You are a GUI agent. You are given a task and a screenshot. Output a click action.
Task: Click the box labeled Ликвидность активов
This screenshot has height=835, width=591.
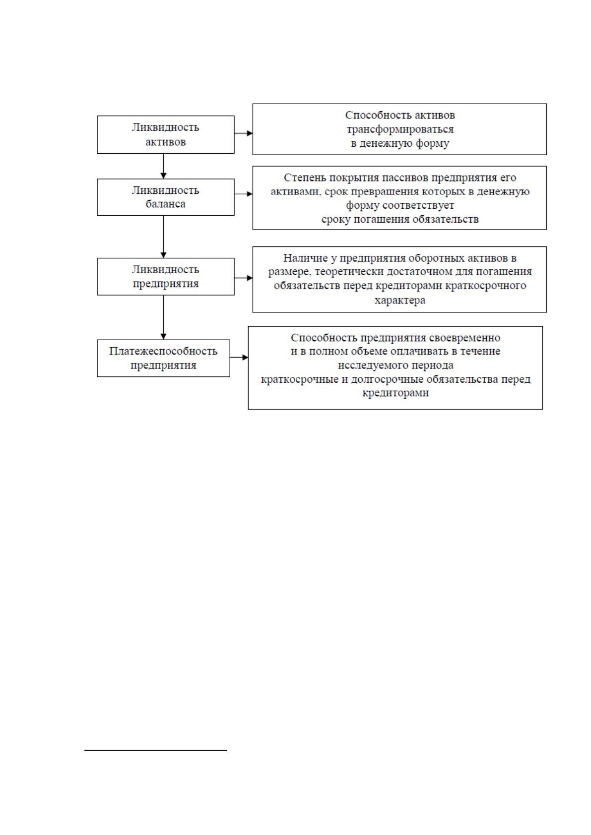(166, 134)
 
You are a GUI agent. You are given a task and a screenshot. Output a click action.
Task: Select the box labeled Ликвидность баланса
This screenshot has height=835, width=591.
(166, 197)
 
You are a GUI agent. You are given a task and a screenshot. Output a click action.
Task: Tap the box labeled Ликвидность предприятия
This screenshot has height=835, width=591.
(166, 277)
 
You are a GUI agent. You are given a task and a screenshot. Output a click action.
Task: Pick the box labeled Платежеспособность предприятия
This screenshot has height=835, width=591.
(163, 358)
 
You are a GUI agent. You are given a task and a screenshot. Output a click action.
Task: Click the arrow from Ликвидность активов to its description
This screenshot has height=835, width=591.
(244, 133)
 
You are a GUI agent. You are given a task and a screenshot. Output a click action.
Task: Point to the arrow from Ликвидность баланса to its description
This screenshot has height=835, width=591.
(244, 194)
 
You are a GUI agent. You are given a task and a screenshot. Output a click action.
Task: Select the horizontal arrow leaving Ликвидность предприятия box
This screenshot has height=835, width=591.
(244, 278)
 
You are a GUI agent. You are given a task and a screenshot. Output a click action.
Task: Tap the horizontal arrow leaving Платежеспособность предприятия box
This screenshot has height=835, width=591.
(239, 358)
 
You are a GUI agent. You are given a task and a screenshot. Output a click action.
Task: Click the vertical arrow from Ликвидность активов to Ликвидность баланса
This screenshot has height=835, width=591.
(163, 166)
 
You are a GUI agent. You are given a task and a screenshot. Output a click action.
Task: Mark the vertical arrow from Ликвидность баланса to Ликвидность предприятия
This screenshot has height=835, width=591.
(163, 237)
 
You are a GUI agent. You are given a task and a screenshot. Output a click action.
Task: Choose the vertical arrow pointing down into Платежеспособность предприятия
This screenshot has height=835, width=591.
(163, 318)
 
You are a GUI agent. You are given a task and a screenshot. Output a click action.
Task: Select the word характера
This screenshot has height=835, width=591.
(400, 300)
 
